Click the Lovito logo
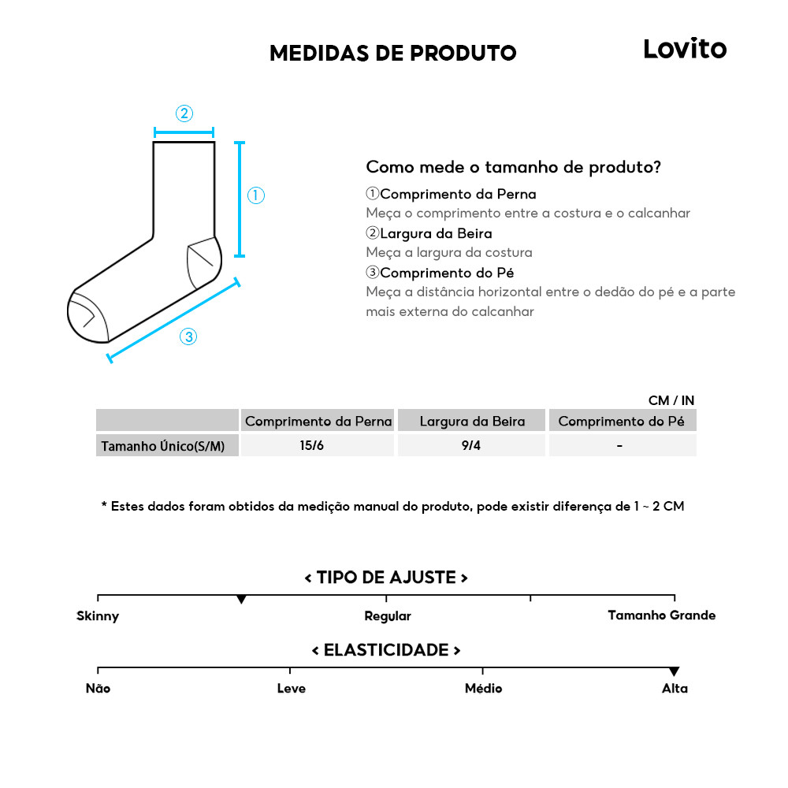[685, 49]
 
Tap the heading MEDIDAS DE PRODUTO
[392, 53]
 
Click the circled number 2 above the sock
[184, 113]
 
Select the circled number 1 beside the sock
[255, 195]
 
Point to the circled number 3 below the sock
[188, 336]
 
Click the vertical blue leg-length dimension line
[240, 199]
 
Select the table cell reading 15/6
[312, 445]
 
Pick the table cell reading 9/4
[471, 445]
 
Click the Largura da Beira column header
[471, 421]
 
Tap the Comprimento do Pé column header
[622, 421]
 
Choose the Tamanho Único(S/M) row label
[162, 446]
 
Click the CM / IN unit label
[671, 401]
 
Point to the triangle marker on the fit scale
[241, 600]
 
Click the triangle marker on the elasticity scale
[674, 671]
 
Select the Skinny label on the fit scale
[98, 615]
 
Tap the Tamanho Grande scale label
[662, 615]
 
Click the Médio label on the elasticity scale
[483, 688]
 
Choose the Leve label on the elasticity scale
[291, 688]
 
